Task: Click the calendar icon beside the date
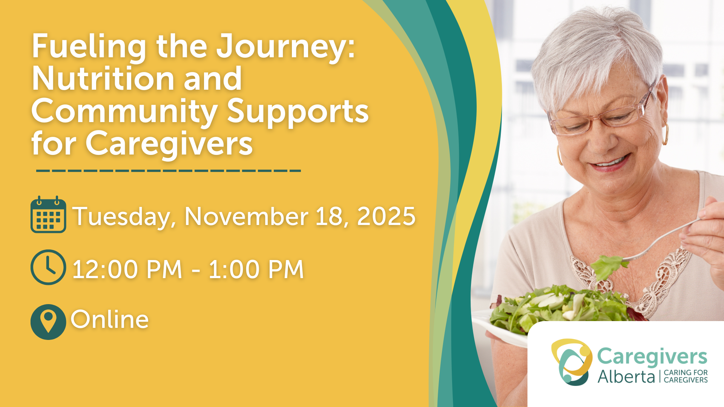(x=48, y=214)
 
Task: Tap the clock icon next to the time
(x=48, y=267)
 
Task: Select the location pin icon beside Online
(x=48, y=322)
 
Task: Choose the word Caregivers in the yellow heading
(x=169, y=145)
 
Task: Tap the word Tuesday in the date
(x=124, y=217)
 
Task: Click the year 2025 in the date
(x=386, y=216)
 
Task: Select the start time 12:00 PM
(x=127, y=269)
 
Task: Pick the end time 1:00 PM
(x=256, y=269)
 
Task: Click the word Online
(x=110, y=319)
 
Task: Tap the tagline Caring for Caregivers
(x=686, y=376)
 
